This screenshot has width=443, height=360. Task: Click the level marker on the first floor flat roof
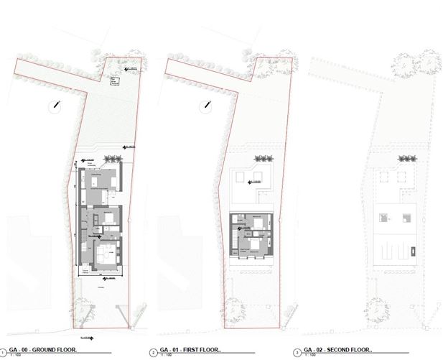(254, 183)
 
